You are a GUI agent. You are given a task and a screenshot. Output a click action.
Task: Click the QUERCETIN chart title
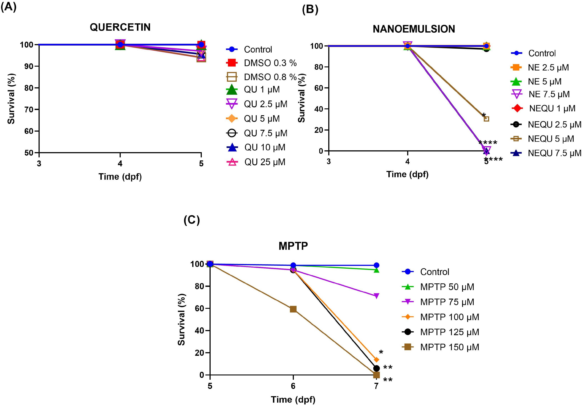(x=120, y=27)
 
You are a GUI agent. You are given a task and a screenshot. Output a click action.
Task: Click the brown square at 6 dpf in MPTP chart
(x=293, y=309)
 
